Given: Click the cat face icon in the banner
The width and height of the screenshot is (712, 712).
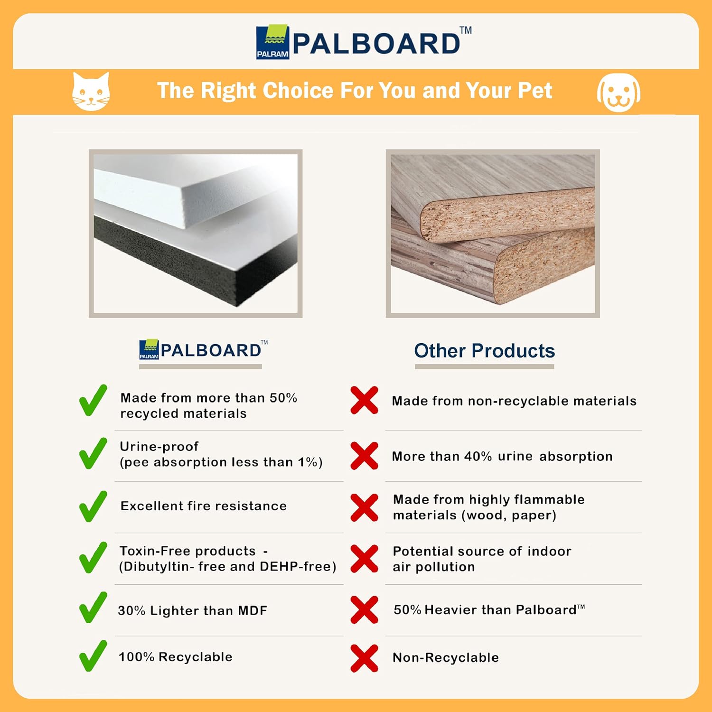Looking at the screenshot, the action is [x=91, y=92].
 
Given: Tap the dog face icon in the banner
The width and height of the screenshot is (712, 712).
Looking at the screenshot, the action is [x=618, y=93].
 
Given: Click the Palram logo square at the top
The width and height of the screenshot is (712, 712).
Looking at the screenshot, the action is [x=272, y=42].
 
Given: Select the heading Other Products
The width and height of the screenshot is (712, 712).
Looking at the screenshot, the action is [x=484, y=351].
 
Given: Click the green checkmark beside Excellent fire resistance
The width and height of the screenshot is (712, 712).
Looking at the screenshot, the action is [x=93, y=506].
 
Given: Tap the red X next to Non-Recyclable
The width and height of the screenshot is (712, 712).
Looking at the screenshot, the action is [x=365, y=658].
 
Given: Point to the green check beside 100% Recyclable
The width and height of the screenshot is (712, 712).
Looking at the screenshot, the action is [x=93, y=656].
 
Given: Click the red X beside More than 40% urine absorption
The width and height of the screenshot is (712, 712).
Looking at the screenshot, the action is [x=365, y=456].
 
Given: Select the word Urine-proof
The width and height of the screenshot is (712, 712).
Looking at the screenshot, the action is [x=159, y=447].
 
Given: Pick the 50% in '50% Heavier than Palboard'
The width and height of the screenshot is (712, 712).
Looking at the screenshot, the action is [x=407, y=610].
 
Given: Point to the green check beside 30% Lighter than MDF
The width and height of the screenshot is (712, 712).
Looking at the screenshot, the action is [x=93, y=607].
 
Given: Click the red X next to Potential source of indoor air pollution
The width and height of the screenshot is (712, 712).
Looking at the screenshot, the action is [x=365, y=559].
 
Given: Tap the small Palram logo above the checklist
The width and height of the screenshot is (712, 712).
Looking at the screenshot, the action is [x=149, y=350].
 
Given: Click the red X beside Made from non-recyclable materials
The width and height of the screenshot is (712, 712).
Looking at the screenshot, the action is [x=365, y=400].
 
